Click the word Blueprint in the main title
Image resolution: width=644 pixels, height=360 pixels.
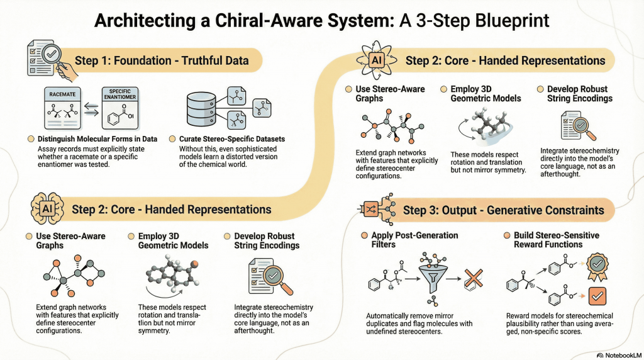pos(503,21)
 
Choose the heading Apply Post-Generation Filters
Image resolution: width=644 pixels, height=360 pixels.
pos(415,240)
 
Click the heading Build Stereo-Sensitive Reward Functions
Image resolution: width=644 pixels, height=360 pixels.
pos(557,240)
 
